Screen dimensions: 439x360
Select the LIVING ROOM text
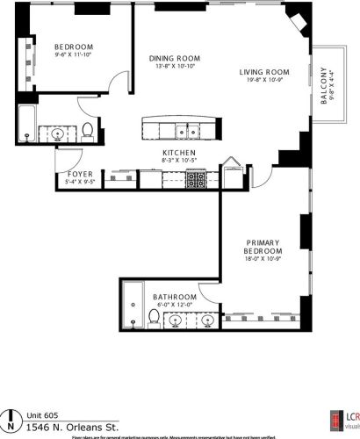click(x=264, y=73)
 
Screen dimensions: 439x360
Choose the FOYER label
click(x=81, y=175)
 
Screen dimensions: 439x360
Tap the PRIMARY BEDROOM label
click(x=264, y=246)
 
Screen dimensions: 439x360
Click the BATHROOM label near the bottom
click(x=171, y=297)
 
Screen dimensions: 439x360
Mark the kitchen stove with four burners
click(x=194, y=181)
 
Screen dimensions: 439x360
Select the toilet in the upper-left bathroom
click(x=89, y=133)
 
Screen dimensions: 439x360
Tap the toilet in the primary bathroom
click(x=155, y=320)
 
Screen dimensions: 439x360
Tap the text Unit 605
click(x=40, y=414)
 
